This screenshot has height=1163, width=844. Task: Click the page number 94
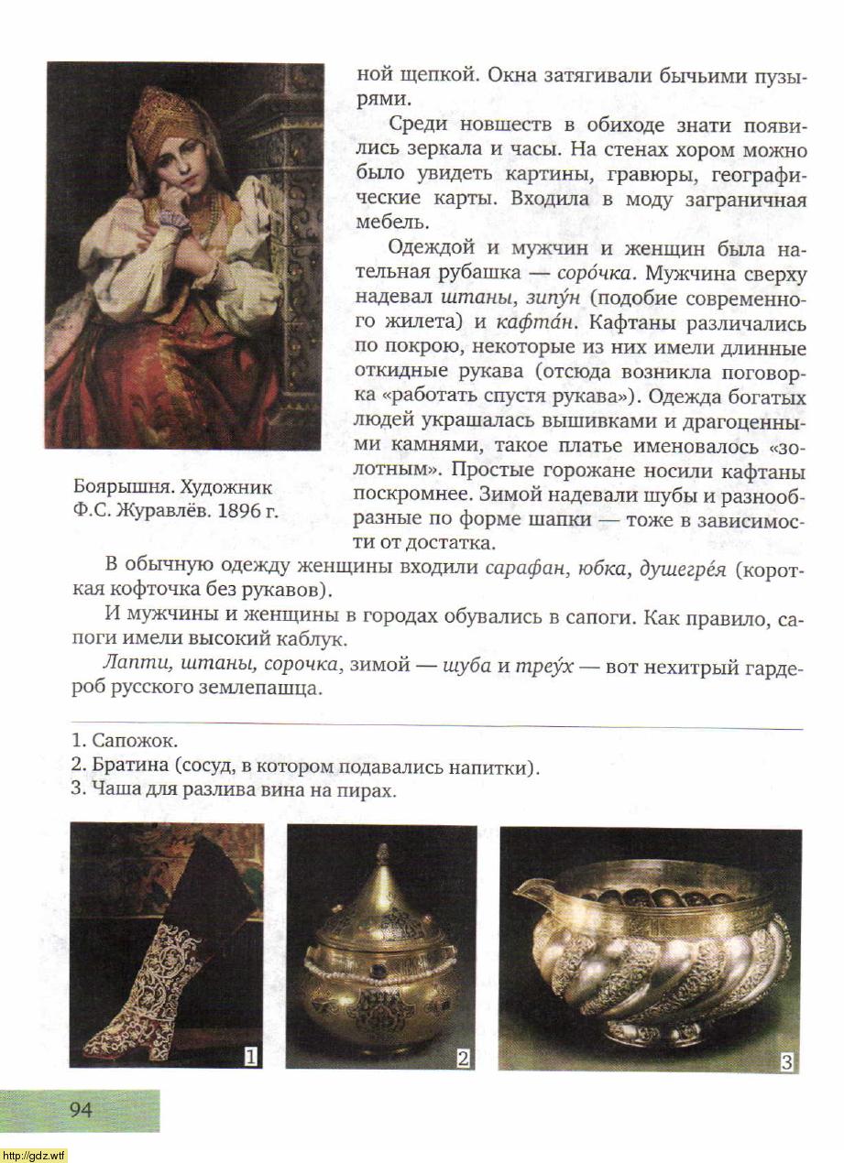pos(81,1110)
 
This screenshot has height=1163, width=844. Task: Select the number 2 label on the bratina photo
pos(464,1058)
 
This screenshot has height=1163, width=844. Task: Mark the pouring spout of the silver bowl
pos(529,888)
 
